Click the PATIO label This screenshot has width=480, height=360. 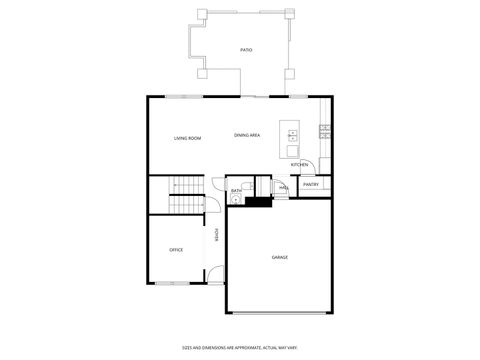[x=246, y=49]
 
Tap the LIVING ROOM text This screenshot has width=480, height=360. [x=187, y=138]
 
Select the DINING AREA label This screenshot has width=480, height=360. [x=248, y=135]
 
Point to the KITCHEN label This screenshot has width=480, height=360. [x=299, y=165]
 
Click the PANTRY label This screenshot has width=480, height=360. [x=311, y=184]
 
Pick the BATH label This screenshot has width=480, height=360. [x=237, y=190]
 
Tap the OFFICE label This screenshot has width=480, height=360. [x=176, y=250]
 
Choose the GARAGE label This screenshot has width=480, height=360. [x=280, y=257]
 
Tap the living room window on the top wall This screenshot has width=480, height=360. [x=181, y=96]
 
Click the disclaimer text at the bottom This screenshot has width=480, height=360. [x=239, y=347]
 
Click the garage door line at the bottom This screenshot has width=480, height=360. [x=280, y=314]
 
